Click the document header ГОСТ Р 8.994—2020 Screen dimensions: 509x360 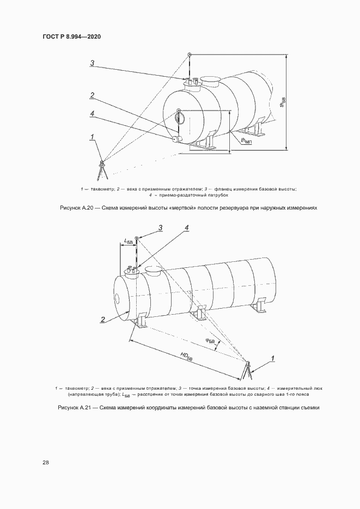click(72, 36)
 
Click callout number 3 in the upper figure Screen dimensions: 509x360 click(93, 64)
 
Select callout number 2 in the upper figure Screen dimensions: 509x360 click(93, 95)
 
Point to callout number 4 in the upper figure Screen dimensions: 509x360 click(93, 113)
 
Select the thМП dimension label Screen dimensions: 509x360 click(245, 140)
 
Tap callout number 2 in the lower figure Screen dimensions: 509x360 click(102, 319)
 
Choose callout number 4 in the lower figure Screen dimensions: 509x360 click(187, 227)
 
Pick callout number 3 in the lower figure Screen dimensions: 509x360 click(160, 227)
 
